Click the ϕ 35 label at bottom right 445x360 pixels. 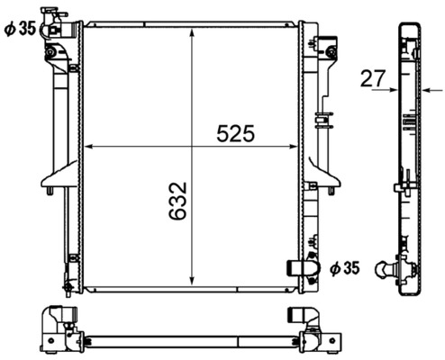[344, 267]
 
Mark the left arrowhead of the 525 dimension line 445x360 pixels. [86, 146]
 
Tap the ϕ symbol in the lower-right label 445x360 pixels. [334, 267]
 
